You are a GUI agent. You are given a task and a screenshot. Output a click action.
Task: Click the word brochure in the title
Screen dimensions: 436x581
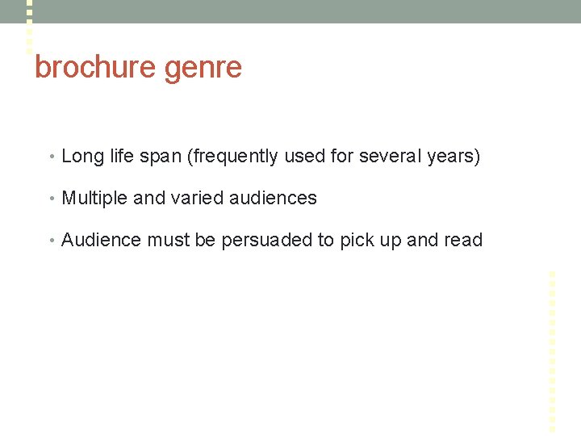click(95, 67)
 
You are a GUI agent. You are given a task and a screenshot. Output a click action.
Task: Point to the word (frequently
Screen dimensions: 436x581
click(232, 157)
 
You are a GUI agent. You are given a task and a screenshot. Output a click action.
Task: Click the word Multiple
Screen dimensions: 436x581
click(94, 199)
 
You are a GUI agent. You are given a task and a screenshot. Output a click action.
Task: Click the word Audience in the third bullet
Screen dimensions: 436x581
click(101, 240)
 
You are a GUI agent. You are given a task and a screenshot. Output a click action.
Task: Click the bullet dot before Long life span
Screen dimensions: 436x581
click(52, 157)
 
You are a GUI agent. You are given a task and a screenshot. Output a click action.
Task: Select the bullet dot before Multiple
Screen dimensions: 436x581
click(52, 199)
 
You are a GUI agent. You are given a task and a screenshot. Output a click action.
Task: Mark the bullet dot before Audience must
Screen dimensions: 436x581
click(52, 241)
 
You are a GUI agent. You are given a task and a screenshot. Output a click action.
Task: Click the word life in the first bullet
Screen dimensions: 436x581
click(121, 156)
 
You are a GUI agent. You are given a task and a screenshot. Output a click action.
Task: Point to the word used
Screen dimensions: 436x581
click(304, 156)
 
